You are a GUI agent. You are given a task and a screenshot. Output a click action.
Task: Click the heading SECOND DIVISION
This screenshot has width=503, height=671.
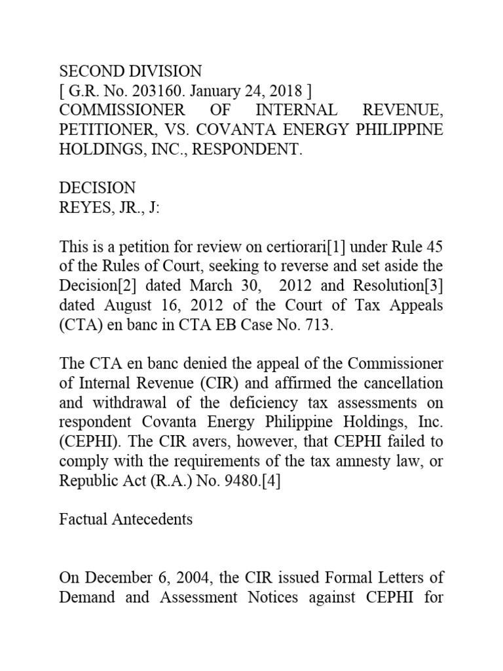130,71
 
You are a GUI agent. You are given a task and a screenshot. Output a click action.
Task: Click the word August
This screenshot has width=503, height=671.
121,305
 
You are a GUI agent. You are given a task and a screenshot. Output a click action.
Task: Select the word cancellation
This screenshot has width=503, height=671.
404,383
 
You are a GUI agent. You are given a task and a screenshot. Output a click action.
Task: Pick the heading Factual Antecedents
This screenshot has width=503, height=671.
126,520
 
